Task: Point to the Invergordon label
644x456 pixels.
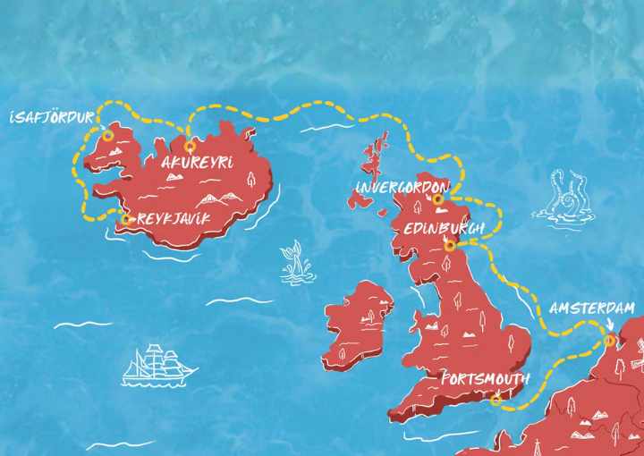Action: point(401,186)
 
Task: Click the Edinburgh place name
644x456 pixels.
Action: point(444,228)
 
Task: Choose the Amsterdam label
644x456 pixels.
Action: point(592,308)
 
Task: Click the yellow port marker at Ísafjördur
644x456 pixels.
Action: point(107,136)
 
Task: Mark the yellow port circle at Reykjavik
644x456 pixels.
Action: point(126,217)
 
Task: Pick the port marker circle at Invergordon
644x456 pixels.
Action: point(438,199)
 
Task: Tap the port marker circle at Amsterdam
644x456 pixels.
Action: point(609,340)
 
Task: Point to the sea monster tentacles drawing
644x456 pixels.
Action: point(561,197)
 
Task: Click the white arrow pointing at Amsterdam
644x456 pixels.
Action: point(609,325)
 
